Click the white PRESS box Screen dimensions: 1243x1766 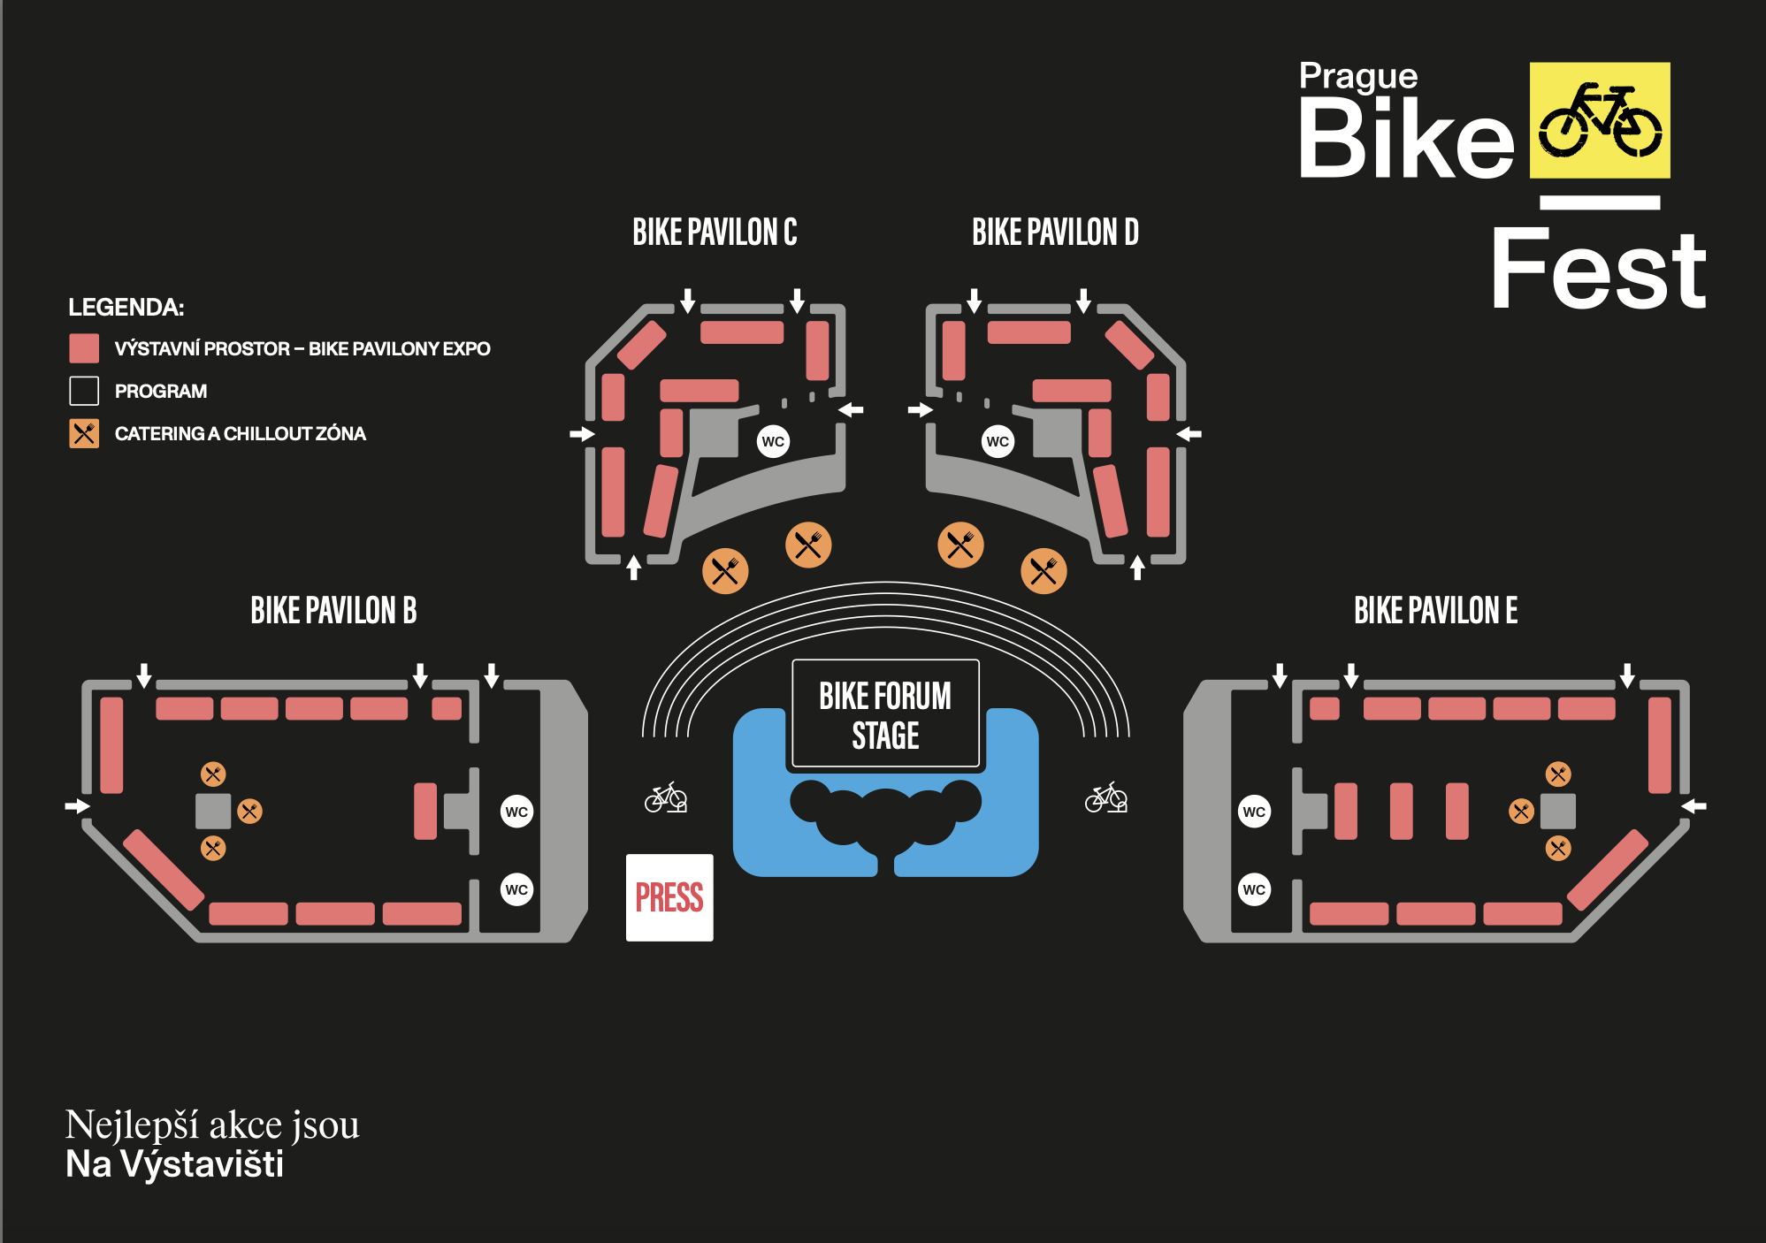pos(669,897)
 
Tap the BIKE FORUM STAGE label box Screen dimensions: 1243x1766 pos(885,714)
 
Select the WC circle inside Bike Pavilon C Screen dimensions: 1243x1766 pos(773,441)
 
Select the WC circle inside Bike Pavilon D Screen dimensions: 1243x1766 pos(998,441)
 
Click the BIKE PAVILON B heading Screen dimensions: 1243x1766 pos(333,611)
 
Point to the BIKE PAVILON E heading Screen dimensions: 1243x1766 pos(1435,611)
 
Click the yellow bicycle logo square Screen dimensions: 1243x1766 pos(1600,120)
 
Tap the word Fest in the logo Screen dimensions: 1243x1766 pos(1597,270)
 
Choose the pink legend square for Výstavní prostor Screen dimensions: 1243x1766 pos(84,348)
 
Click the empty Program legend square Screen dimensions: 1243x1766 pos(84,391)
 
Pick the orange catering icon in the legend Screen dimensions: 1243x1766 pos(84,433)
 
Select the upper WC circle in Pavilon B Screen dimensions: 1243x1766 pos(516,812)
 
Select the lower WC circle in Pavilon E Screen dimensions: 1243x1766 pos(1254,889)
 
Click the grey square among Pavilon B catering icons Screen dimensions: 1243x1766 pos(213,811)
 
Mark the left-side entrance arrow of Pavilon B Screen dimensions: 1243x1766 pos(78,805)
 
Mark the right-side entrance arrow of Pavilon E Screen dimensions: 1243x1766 pos(1693,805)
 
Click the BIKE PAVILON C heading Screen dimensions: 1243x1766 pos(715,233)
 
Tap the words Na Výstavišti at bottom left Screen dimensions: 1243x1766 pos(175,1164)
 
